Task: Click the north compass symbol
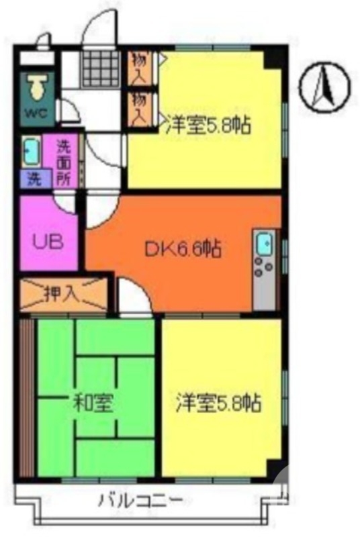pyautogui.click(x=326, y=89)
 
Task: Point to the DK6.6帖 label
pyautogui.click(x=183, y=249)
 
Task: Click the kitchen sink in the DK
pyautogui.click(x=263, y=244)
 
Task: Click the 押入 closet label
pyautogui.click(x=62, y=293)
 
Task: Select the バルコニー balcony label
pyautogui.click(x=140, y=500)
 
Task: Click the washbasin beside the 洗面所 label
pyautogui.click(x=31, y=152)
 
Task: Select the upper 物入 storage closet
pyautogui.click(x=140, y=67)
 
